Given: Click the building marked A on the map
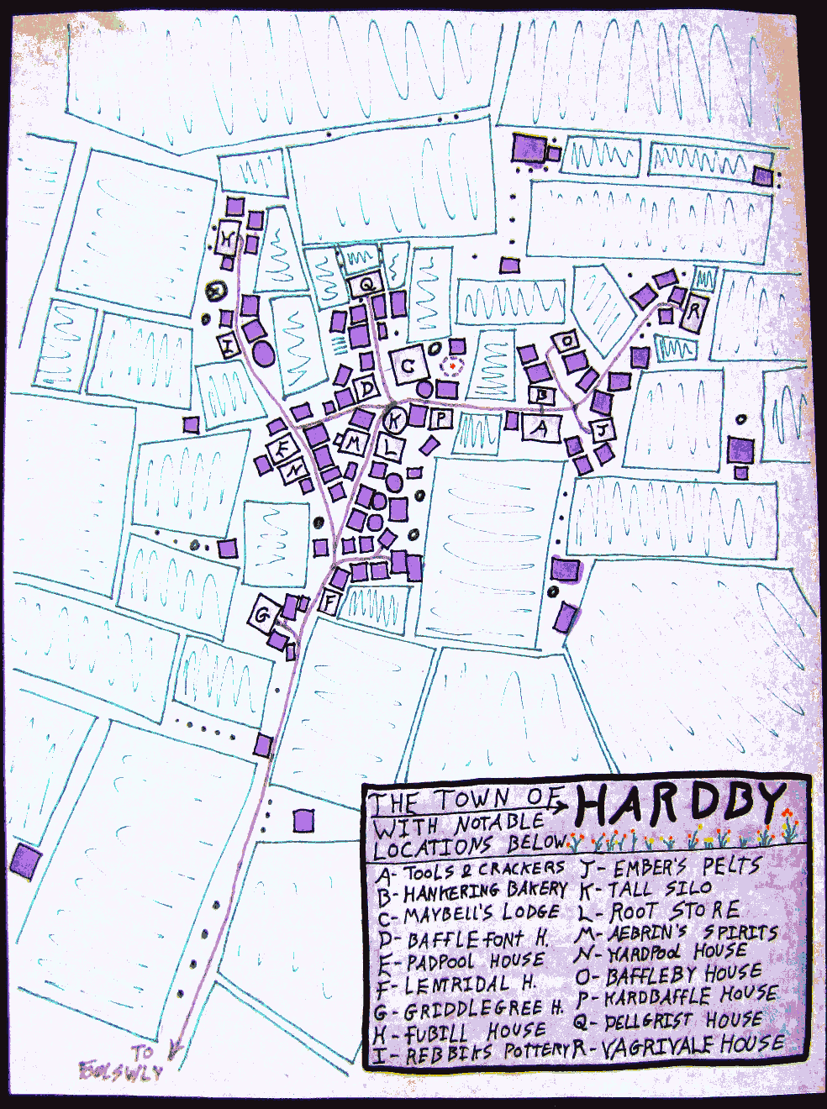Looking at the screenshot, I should click(x=542, y=428).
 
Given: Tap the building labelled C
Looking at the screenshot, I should click(x=408, y=365).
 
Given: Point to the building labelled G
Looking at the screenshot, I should click(x=262, y=617).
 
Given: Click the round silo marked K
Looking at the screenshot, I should click(x=395, y=418).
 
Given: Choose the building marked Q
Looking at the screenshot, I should click(x=366, y=285).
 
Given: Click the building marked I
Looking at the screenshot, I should click(x=230, y=344).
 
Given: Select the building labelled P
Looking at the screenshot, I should click(x=443, y=418).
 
